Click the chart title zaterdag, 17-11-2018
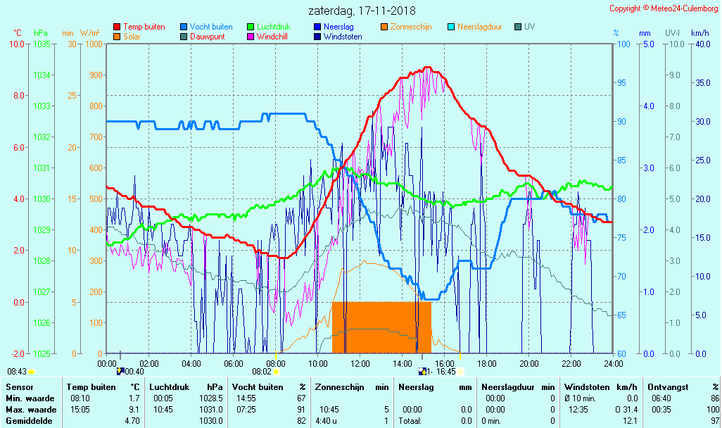[362, 11]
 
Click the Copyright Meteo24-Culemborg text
[664, 8]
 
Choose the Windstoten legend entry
[343, 37]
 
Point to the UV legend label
[530, 27]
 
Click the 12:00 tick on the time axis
[360, 363]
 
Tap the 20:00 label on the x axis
[529, 363]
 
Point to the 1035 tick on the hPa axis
[42, 44]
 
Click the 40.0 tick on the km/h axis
[700, 44]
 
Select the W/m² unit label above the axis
[89, 33]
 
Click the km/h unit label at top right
[700, 33]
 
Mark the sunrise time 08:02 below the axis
[262, 372]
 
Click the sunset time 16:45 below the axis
[446, 372]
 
